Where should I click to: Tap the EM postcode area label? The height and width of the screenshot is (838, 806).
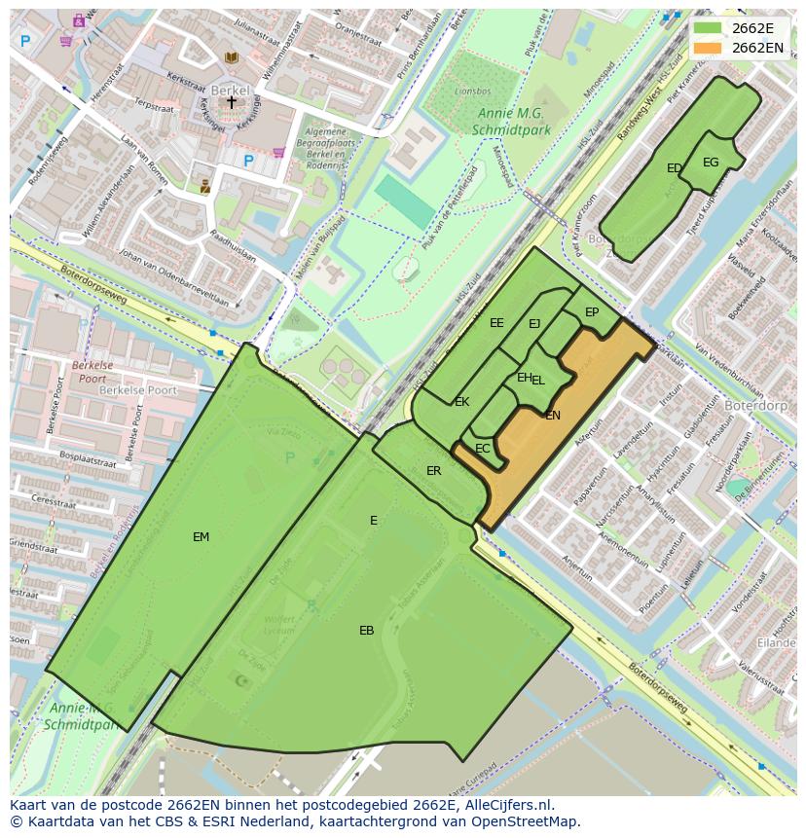(201, 536)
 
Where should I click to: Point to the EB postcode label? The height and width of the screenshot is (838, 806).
(366, 631)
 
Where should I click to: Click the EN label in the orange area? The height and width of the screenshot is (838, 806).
(553, 416)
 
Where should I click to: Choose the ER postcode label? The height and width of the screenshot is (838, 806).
(433, 471)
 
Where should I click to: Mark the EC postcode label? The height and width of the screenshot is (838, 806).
(482, 449)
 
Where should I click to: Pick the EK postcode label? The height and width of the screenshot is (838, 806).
(461, 402)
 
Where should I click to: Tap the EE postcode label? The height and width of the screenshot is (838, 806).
(496, 323)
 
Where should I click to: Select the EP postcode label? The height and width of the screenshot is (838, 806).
(592, 312)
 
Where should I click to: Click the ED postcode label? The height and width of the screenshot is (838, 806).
(674, 168)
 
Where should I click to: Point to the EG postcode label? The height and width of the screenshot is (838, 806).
(711, 163)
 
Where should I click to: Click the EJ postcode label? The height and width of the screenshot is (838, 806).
(534, 324)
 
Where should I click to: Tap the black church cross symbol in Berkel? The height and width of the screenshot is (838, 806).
(231, 101)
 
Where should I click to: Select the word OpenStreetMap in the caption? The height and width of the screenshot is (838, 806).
(523, 821)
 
